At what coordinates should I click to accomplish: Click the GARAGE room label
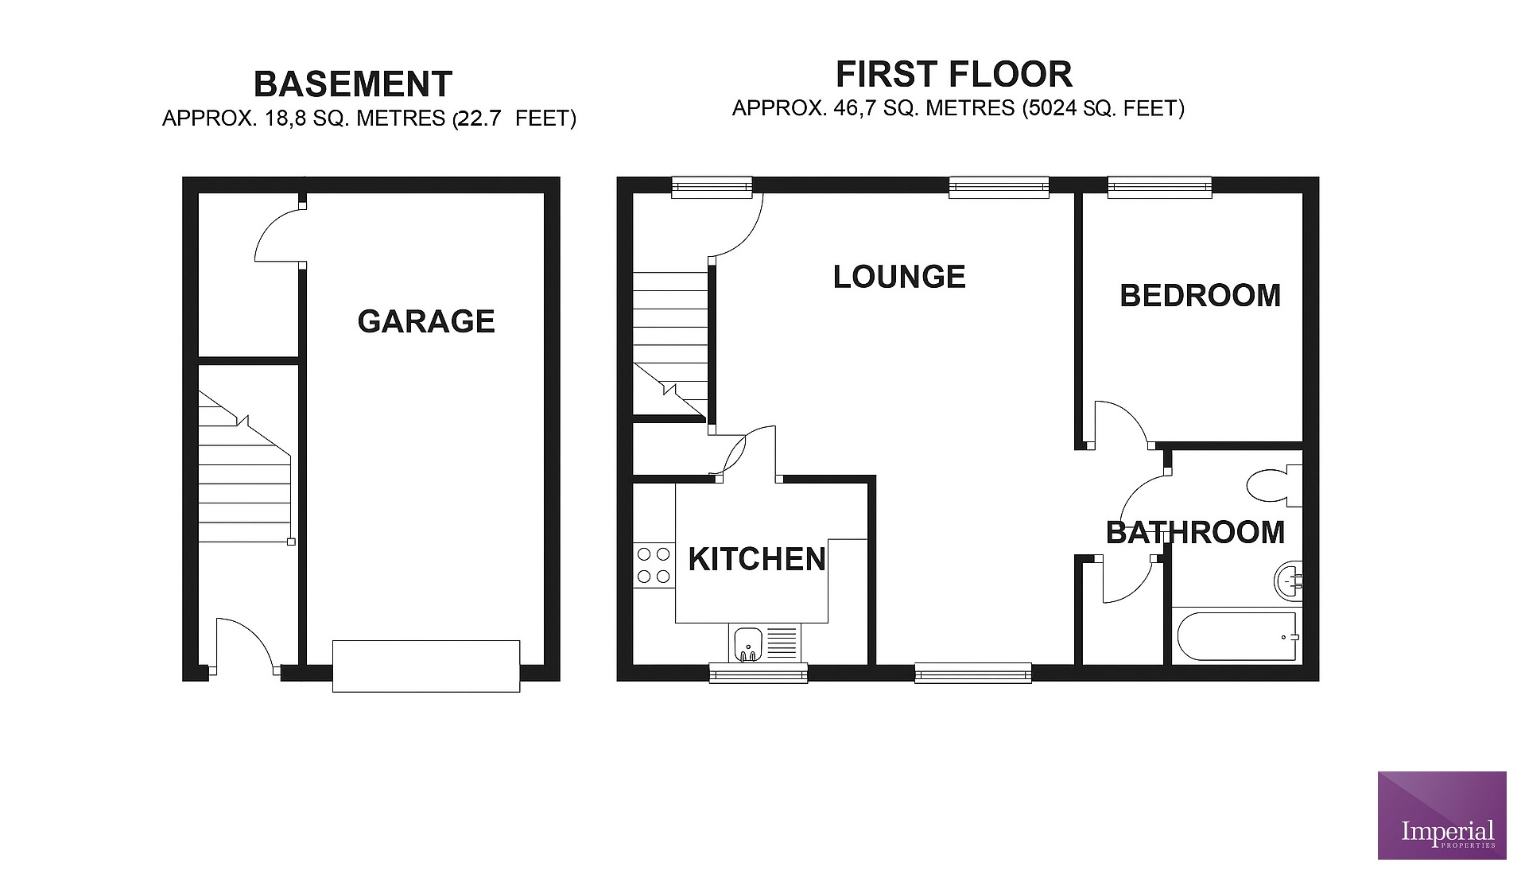[x=426, y=321]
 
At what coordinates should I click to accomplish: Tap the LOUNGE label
[x=899, y=277]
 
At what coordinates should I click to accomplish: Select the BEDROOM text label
[x=1201, y=296]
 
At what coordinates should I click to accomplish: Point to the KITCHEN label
[x=757, y=559]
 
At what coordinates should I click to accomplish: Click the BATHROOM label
[x=1196, y=532]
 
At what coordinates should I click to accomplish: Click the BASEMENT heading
[x=353, y=84]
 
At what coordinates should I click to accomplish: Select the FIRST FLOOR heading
[x=954, y=75]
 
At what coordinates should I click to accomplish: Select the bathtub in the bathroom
[x=1236, y=636]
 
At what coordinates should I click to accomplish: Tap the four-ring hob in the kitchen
[x=654, y=565]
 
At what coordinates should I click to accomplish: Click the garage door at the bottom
[x=426, y=666]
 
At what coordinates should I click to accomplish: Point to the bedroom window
[x=1159, y=187]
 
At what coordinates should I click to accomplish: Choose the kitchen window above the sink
[x=759, y=674]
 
